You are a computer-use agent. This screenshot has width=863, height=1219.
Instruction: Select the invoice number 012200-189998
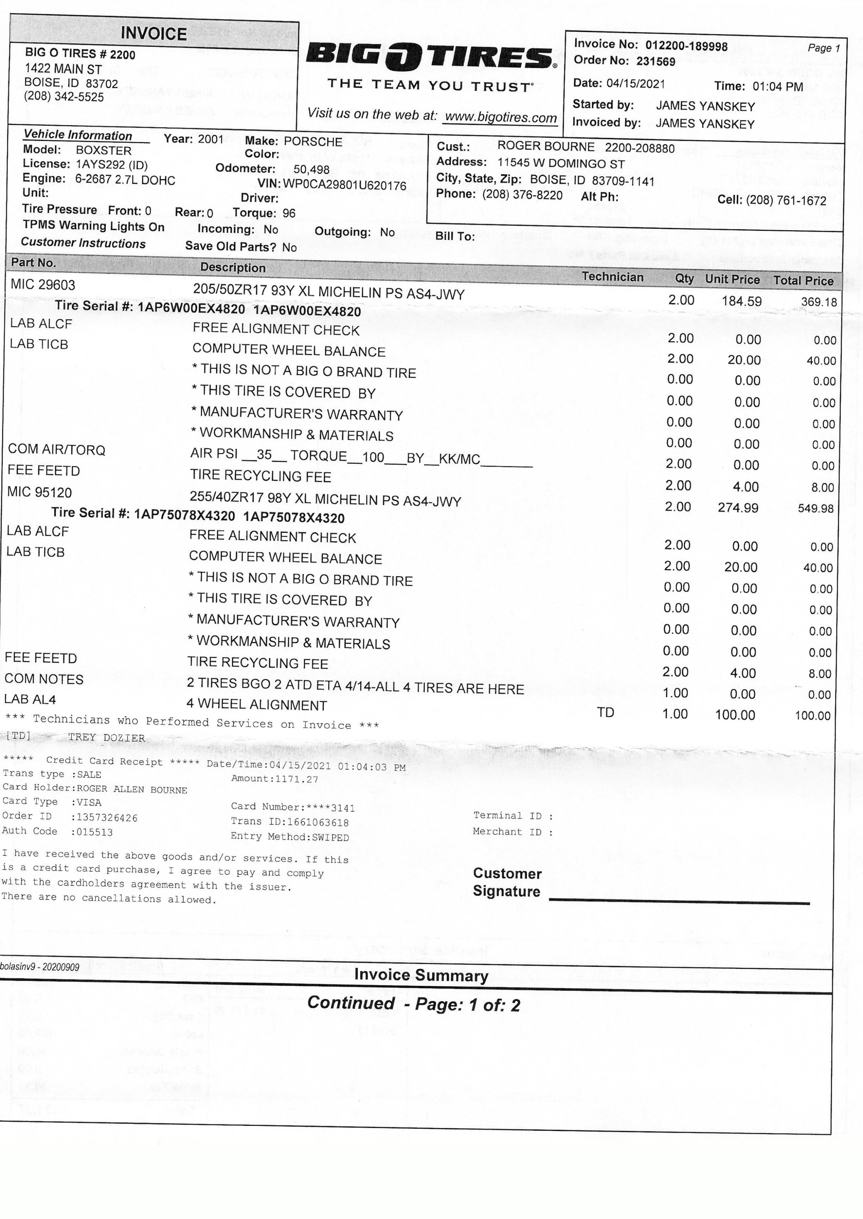coord(686,46)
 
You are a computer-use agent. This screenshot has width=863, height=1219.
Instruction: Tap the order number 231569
coord(656,61)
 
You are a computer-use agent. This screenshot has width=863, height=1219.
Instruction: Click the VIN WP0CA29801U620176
coord(344,185)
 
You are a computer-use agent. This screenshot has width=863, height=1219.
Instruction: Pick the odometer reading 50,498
coord(311,169)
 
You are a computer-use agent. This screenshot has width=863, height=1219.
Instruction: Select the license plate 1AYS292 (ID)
coord(112,165)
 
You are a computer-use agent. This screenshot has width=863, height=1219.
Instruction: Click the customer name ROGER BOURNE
coord(546,146)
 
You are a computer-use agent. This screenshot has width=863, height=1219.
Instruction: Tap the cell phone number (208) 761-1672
coord(786,200)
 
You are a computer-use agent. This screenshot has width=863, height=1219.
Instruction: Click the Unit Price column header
coord(732,279)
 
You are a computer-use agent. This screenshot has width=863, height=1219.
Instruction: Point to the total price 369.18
coord(819,302)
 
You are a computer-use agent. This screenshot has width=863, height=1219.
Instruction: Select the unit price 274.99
coord(738,507)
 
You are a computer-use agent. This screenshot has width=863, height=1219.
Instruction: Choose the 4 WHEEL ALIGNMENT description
coord(257,705)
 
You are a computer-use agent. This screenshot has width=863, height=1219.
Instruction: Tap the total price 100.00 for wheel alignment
coord(812,716)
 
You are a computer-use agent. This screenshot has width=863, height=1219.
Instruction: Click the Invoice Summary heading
coord(421,975)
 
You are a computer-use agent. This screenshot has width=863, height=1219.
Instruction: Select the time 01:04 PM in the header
coord(777,86)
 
